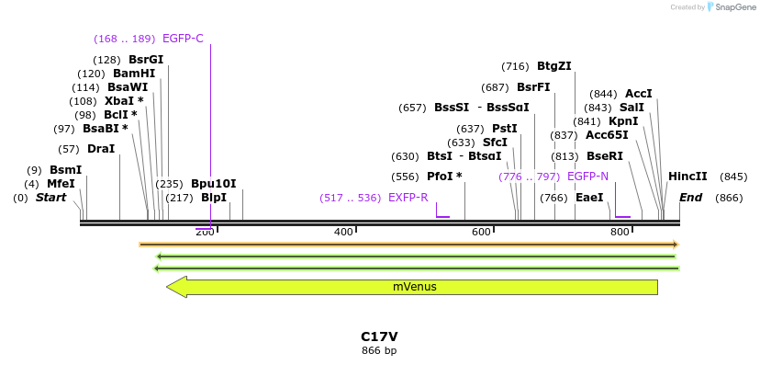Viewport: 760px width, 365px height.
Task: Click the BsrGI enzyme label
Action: pos(145,60)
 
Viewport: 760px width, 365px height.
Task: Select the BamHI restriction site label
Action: pos(134,74)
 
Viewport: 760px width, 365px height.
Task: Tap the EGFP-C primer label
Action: pos(183,39)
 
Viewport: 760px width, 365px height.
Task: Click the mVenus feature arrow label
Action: pos(414,287)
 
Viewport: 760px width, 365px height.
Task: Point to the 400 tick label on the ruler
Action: pos(343,232)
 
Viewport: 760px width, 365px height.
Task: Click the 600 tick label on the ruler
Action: pos(481,232)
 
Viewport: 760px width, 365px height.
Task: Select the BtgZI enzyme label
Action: pos(553,66)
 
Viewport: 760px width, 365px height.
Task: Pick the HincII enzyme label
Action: pos(687,177)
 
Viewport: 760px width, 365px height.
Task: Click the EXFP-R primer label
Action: pos(408,198)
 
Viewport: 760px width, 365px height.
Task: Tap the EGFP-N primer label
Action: pos(587,177)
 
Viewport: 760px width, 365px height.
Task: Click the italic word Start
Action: pos(50,198)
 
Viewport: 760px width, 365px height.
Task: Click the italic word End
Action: pos(690,198)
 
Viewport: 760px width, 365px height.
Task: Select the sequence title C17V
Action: pos(379,337)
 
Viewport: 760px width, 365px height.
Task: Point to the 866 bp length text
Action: pos(379,350)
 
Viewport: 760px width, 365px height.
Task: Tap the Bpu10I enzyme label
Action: pos(213,184)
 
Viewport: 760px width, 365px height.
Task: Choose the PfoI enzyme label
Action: pos(444,177)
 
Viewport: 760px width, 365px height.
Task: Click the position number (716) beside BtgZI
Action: pos(515,66)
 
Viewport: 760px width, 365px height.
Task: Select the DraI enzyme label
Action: pos(100,149)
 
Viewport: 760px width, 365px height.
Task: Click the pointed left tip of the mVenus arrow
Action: pos(168,287)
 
